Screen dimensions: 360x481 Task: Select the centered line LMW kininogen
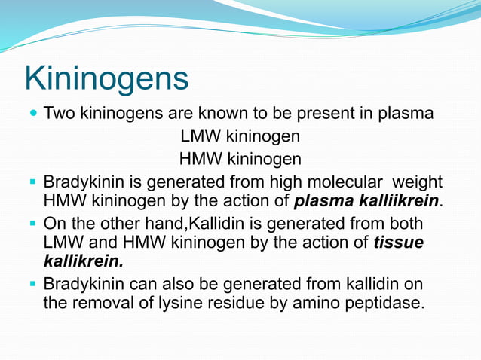pyautogui.click(x=240, y=137)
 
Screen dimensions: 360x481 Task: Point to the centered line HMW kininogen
pyautogui.click(x=240, y=159)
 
